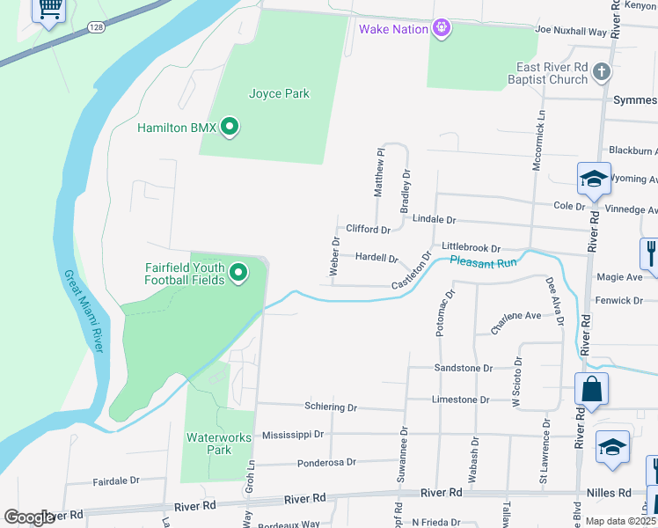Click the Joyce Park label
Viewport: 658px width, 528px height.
click(x=280, y=94)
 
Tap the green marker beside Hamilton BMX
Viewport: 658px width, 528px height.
click(x=230, y=128)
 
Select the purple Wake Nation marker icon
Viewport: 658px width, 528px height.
click(x=442, y=29)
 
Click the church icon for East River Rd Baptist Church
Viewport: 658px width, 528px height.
click(x=602, y=72)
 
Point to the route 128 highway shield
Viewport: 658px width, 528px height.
click(x=95, y=28)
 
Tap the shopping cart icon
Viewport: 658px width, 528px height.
click(x=51, y=9)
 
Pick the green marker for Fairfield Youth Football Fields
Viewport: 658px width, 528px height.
click(x=238, y=275)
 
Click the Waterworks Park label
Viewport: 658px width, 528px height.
click(x=220, y=444)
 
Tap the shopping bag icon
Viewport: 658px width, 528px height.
click(x=592, y=390)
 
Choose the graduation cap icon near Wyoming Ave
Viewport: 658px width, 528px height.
click(x=594, y=179)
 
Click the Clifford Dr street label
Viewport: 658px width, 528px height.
click(x=368, y=230)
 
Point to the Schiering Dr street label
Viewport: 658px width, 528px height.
click(x=331, y=407)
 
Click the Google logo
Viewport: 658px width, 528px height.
click(x=28, y=517)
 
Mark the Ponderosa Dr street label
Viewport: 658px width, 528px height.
click(x=326, y=462)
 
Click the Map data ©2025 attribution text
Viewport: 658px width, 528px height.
click(x=621, y=521)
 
